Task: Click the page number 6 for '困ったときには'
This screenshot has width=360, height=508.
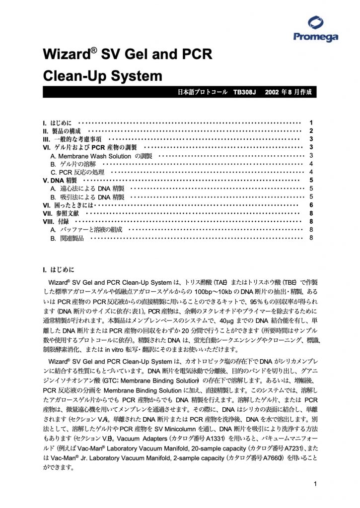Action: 310,205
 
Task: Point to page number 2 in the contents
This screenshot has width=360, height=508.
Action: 310,131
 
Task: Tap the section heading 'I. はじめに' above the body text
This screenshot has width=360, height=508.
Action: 59,270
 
